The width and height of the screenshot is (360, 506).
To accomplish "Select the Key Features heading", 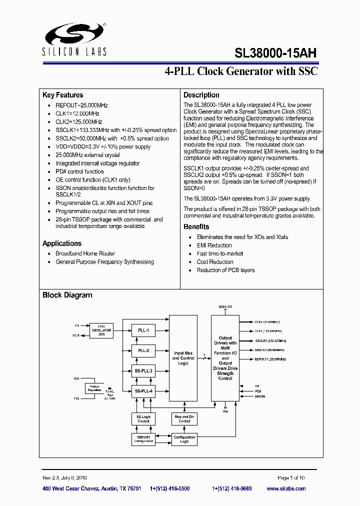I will pyautogui.click(x=63, y=95).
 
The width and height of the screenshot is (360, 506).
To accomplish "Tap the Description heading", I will pyautogui.click(x=201, y=95).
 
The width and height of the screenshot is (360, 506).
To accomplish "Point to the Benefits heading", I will pyautogui.click(x=196, y=226).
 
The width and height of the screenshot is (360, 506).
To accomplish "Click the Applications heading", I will pyautogui.click(x=62, y=243).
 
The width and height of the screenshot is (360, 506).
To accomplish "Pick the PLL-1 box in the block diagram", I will pyautogui.click(x=143, y=330).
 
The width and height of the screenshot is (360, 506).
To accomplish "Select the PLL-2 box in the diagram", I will pyautogui.click(x=143, y=350).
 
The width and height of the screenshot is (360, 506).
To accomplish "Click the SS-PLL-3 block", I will pyautogui.click(x=143, y=370).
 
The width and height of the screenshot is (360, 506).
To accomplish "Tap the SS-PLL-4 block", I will pyautogui.click(x=143, y=391).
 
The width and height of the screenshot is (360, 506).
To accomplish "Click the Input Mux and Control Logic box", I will pyautogui.click(x=183, y=358).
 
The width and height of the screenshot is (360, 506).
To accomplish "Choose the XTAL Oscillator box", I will pyautogui.click(x=101, y=330).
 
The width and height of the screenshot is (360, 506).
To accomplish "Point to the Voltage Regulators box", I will pyautogui.click(x=94, y=388).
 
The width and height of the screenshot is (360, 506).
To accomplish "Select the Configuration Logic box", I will pyautogui.click(x=184, y=439).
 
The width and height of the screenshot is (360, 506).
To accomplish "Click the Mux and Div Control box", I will pyautogui.click(x=184, y=418).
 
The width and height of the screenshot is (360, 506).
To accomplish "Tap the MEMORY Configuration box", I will pyautogui.click(x=143, y=439).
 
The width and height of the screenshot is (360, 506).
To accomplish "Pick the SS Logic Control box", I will pyautogui.click(x=143, y=418).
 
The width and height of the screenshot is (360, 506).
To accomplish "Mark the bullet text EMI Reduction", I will pyautogui.click(x=214, y=245).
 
